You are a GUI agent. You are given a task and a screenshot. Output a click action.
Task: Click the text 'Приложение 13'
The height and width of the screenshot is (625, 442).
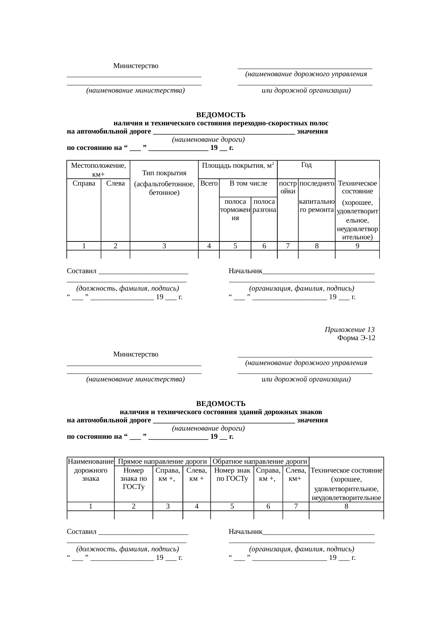click(x=349, y=329)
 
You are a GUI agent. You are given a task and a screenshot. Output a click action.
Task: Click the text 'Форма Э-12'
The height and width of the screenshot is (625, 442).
click(x=356, y=338)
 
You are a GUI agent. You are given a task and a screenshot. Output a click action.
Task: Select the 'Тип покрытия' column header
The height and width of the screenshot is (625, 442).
click(x=164, y=173)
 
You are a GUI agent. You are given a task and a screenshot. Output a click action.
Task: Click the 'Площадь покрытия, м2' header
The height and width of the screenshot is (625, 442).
click(x=237, y=166)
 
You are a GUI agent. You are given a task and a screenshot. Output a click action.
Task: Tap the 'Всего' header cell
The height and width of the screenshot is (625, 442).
click(x=209, y=183)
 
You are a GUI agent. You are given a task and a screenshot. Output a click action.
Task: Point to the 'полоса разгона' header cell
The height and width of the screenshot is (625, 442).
click(x=264, y=206)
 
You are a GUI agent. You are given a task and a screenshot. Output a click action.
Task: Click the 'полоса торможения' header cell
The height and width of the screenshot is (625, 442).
click(x=235, y=210)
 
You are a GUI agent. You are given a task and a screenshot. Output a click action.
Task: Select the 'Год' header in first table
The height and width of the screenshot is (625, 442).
click(x=306, y=165)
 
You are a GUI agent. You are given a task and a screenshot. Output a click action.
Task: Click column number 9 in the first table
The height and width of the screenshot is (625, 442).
click(x=357, y=246)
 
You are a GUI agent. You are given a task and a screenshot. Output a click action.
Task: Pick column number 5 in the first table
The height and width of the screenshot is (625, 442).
click(x=235, y=246)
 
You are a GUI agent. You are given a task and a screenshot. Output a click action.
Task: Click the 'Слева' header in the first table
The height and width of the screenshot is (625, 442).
click(x=115, y=183)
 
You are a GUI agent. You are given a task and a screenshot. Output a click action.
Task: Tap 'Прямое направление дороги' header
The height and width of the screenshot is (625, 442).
click(x=162, y=462)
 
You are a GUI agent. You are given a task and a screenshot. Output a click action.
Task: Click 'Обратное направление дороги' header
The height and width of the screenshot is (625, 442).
click(x=260, y=462)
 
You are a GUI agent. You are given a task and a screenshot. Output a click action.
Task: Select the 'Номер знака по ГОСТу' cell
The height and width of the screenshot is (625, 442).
click(x=133, y=479)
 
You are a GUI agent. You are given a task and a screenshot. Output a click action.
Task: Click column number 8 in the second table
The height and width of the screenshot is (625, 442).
click(x=346, y=506)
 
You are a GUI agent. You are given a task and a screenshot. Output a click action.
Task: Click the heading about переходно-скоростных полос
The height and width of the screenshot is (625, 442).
click(x=221, y=123)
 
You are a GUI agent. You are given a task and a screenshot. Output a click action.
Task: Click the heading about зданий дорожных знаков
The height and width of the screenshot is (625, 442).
click(x=221, y=412)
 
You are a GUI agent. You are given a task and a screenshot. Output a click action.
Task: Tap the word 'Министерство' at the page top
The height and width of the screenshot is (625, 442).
click(x=136, y=66)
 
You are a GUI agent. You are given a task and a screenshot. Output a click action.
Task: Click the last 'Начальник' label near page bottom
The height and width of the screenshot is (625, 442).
click(x=246, y=531)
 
